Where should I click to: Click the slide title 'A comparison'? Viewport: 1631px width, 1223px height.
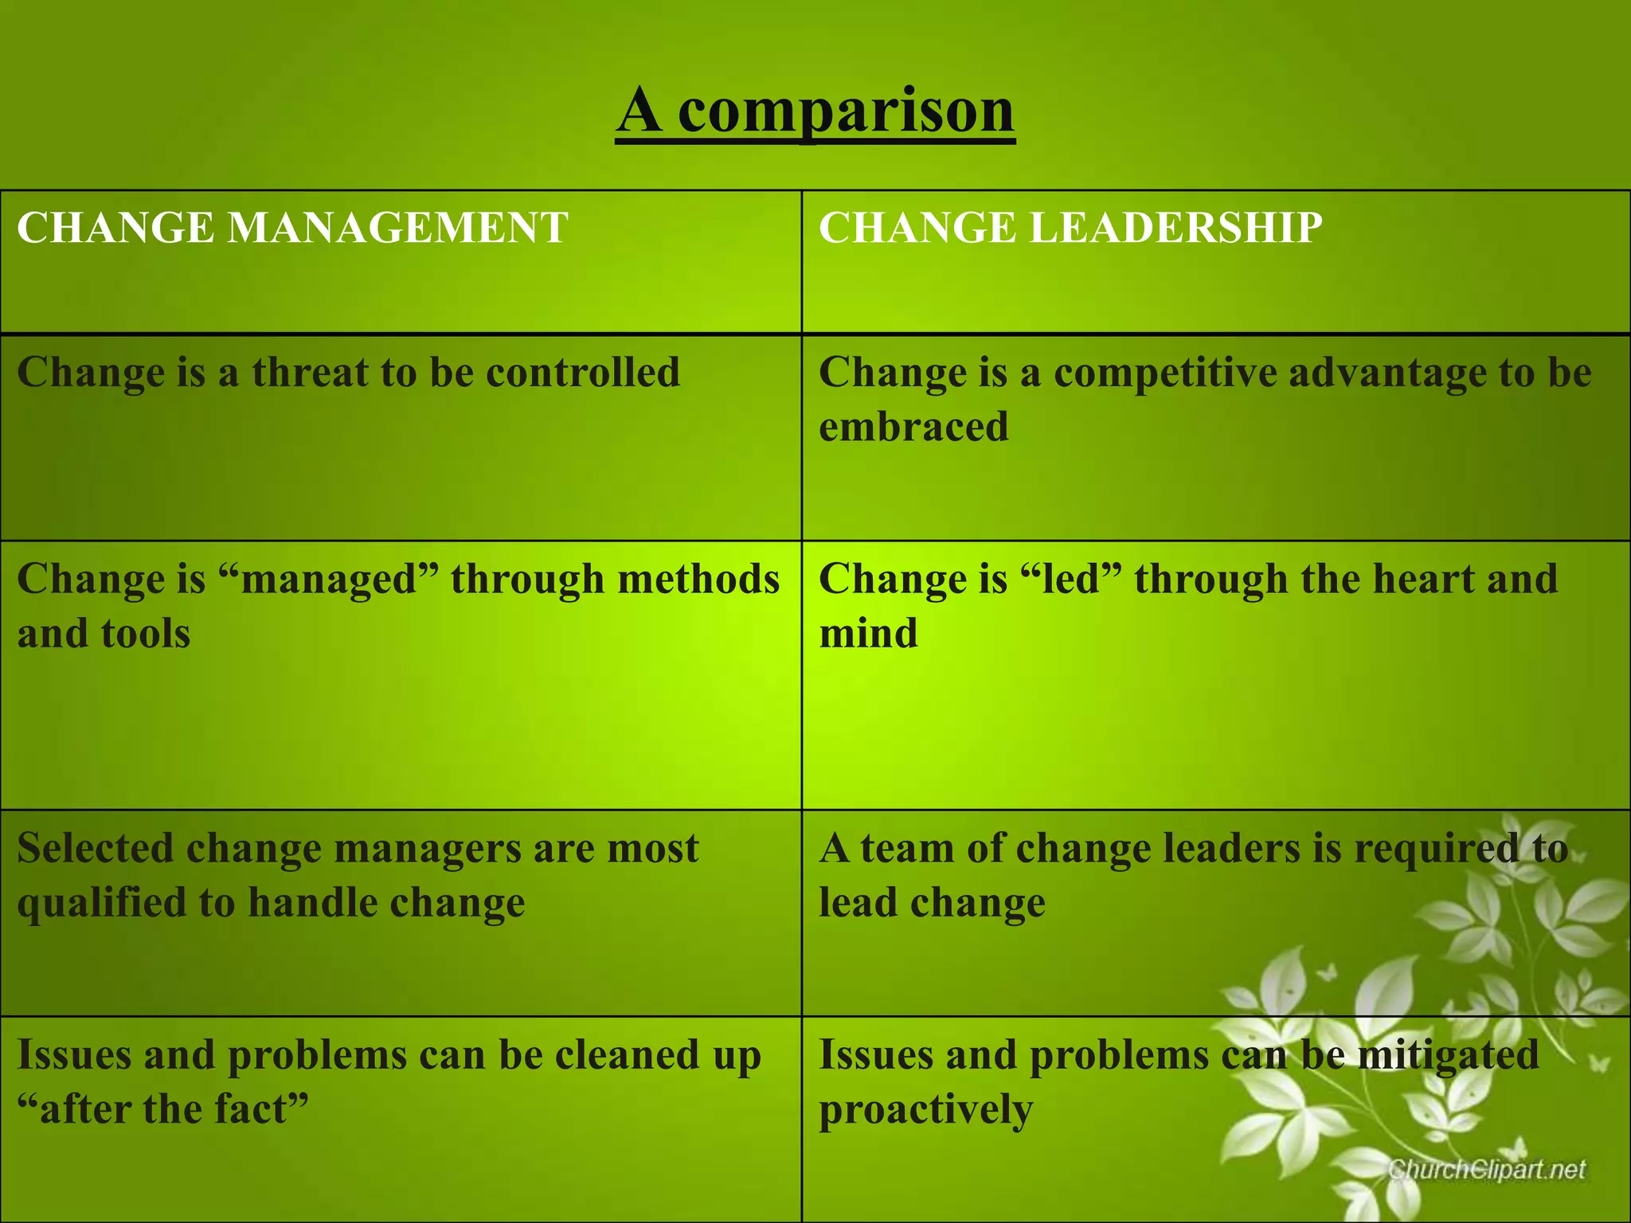pyautogui.click(x=815, y=111)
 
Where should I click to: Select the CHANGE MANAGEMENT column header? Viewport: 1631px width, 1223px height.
pyautogui.click(x=292, y=228)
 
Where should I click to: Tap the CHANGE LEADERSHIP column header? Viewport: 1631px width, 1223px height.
pyautogui.click(x=1070, y=228)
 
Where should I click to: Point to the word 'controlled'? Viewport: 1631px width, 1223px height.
pyautogui.click(x=583, y=373)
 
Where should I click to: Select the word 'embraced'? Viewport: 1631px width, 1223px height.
pyautogui.click(x=913, y=427)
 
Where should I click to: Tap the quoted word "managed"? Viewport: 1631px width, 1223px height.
pyautogui.click(x=328, y=579)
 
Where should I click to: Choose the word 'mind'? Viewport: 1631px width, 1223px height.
pyautogui.click(x=868, y=634)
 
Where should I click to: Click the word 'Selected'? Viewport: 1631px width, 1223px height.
pyautogui.click(x=95, y=848)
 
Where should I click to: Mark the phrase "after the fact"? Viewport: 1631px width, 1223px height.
pyautogui.click(x=162, y=1109)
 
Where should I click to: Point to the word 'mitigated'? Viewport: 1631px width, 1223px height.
pyautogui.click(x=1448, y=1055)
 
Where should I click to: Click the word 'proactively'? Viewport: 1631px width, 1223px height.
pyautogui.click(x=925, y=1109)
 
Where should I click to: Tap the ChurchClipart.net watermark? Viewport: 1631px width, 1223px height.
pyautogui.click(x=1487, y=1170)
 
